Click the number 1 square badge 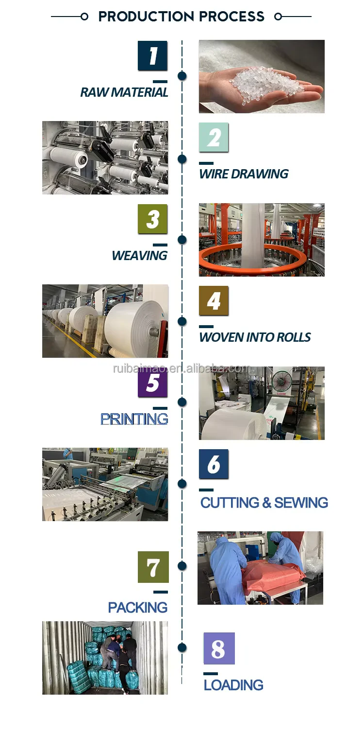click(152, 56)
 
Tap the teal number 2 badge click(214, 138)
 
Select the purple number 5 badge click(152, 383)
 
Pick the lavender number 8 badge click(219, 648)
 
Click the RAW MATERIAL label click(124, 92)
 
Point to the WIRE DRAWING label click(244, 174)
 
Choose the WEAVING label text click(139, 256)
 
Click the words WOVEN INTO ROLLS click(255, 337)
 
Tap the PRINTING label click(134, 419)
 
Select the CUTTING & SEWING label click(264, 503)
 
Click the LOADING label click(233, 685)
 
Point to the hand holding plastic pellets click(272, 87)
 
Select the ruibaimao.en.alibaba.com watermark click(182, 368)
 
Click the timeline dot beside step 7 click(182, 566)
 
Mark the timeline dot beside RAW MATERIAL click(182, 76)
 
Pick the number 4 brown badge click(214, 301)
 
